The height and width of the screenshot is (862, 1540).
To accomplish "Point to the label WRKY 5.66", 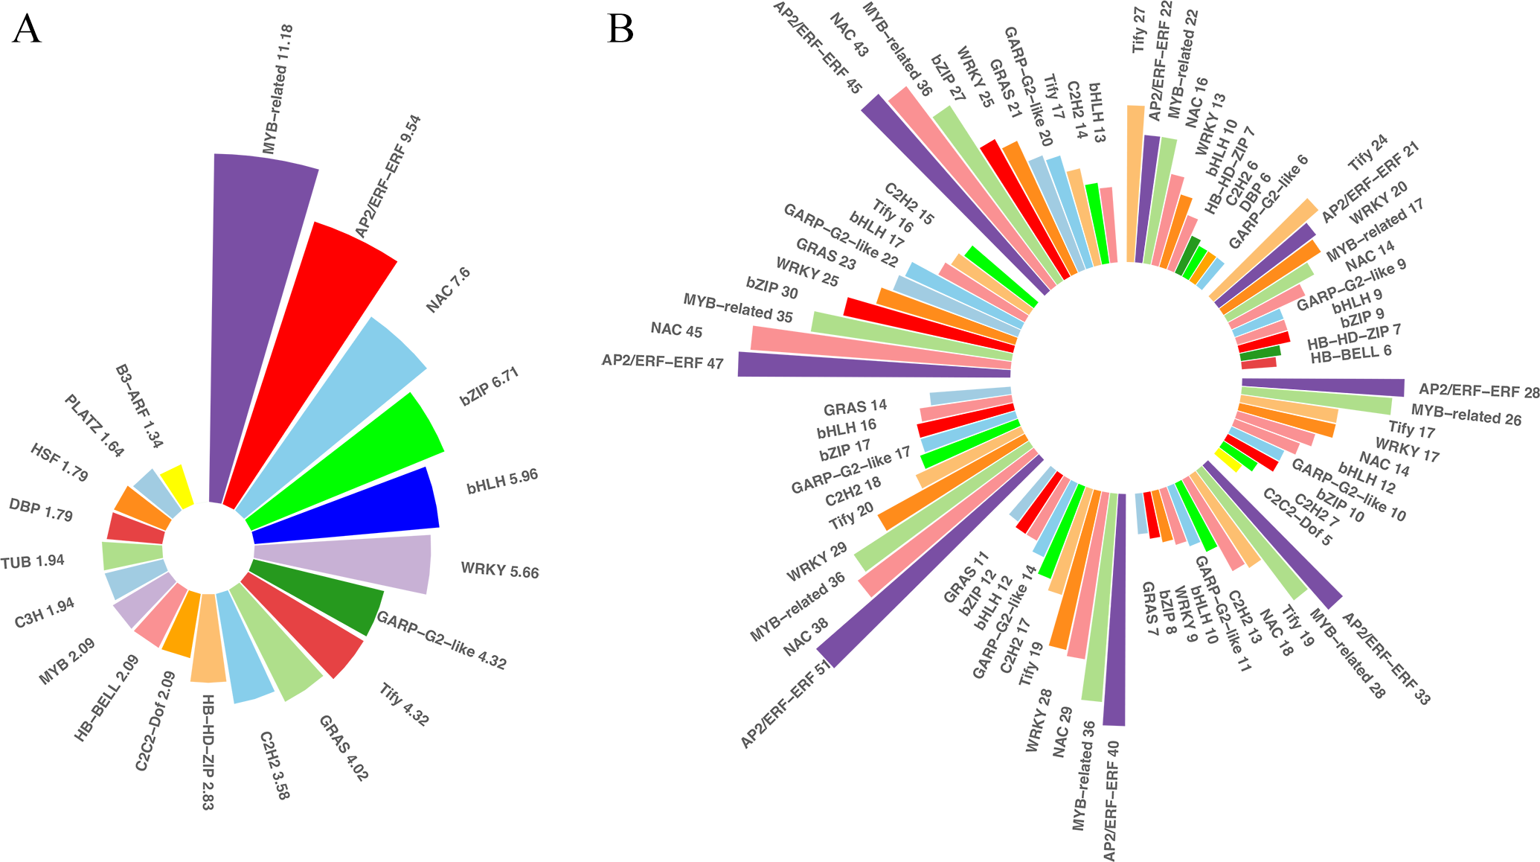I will click(x=500, y=571).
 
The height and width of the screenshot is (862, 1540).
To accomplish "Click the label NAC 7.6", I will click(x=449, y=290).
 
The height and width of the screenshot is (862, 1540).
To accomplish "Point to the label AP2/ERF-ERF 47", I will click(x=662, y=362).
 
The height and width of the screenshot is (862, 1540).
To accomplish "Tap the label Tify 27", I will click(x=1138, y=31).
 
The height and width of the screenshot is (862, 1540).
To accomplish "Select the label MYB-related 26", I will click(x=1466, y=415).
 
